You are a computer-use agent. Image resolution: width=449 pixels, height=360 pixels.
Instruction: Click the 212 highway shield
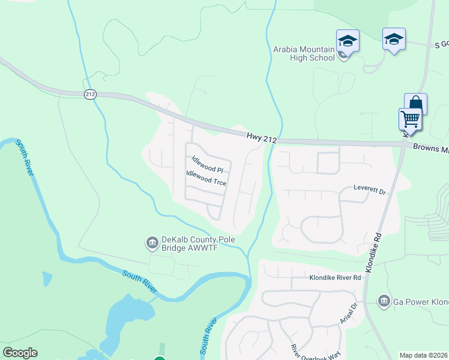click(x=90, y=94)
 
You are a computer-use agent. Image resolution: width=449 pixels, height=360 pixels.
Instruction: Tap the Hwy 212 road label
click(x=261, y=139)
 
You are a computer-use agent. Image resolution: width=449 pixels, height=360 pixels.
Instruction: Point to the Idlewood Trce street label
click(x=206, y=178)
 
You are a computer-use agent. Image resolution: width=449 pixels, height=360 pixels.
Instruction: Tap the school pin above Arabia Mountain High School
click(x=348, y=41)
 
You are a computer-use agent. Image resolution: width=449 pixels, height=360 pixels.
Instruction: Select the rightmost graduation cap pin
click(x=394, y=40)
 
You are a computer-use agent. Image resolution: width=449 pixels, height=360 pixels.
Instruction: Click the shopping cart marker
click(x=410, y=118)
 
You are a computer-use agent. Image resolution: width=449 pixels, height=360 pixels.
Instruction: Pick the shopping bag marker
click(x=415, y=104)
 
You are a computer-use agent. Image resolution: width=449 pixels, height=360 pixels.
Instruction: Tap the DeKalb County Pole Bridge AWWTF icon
click(x=152, y=243)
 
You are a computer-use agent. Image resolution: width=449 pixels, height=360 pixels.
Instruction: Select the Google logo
click(x=20, y=353)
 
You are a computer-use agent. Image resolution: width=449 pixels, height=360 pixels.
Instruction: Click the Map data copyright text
click(x=424, y=355)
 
